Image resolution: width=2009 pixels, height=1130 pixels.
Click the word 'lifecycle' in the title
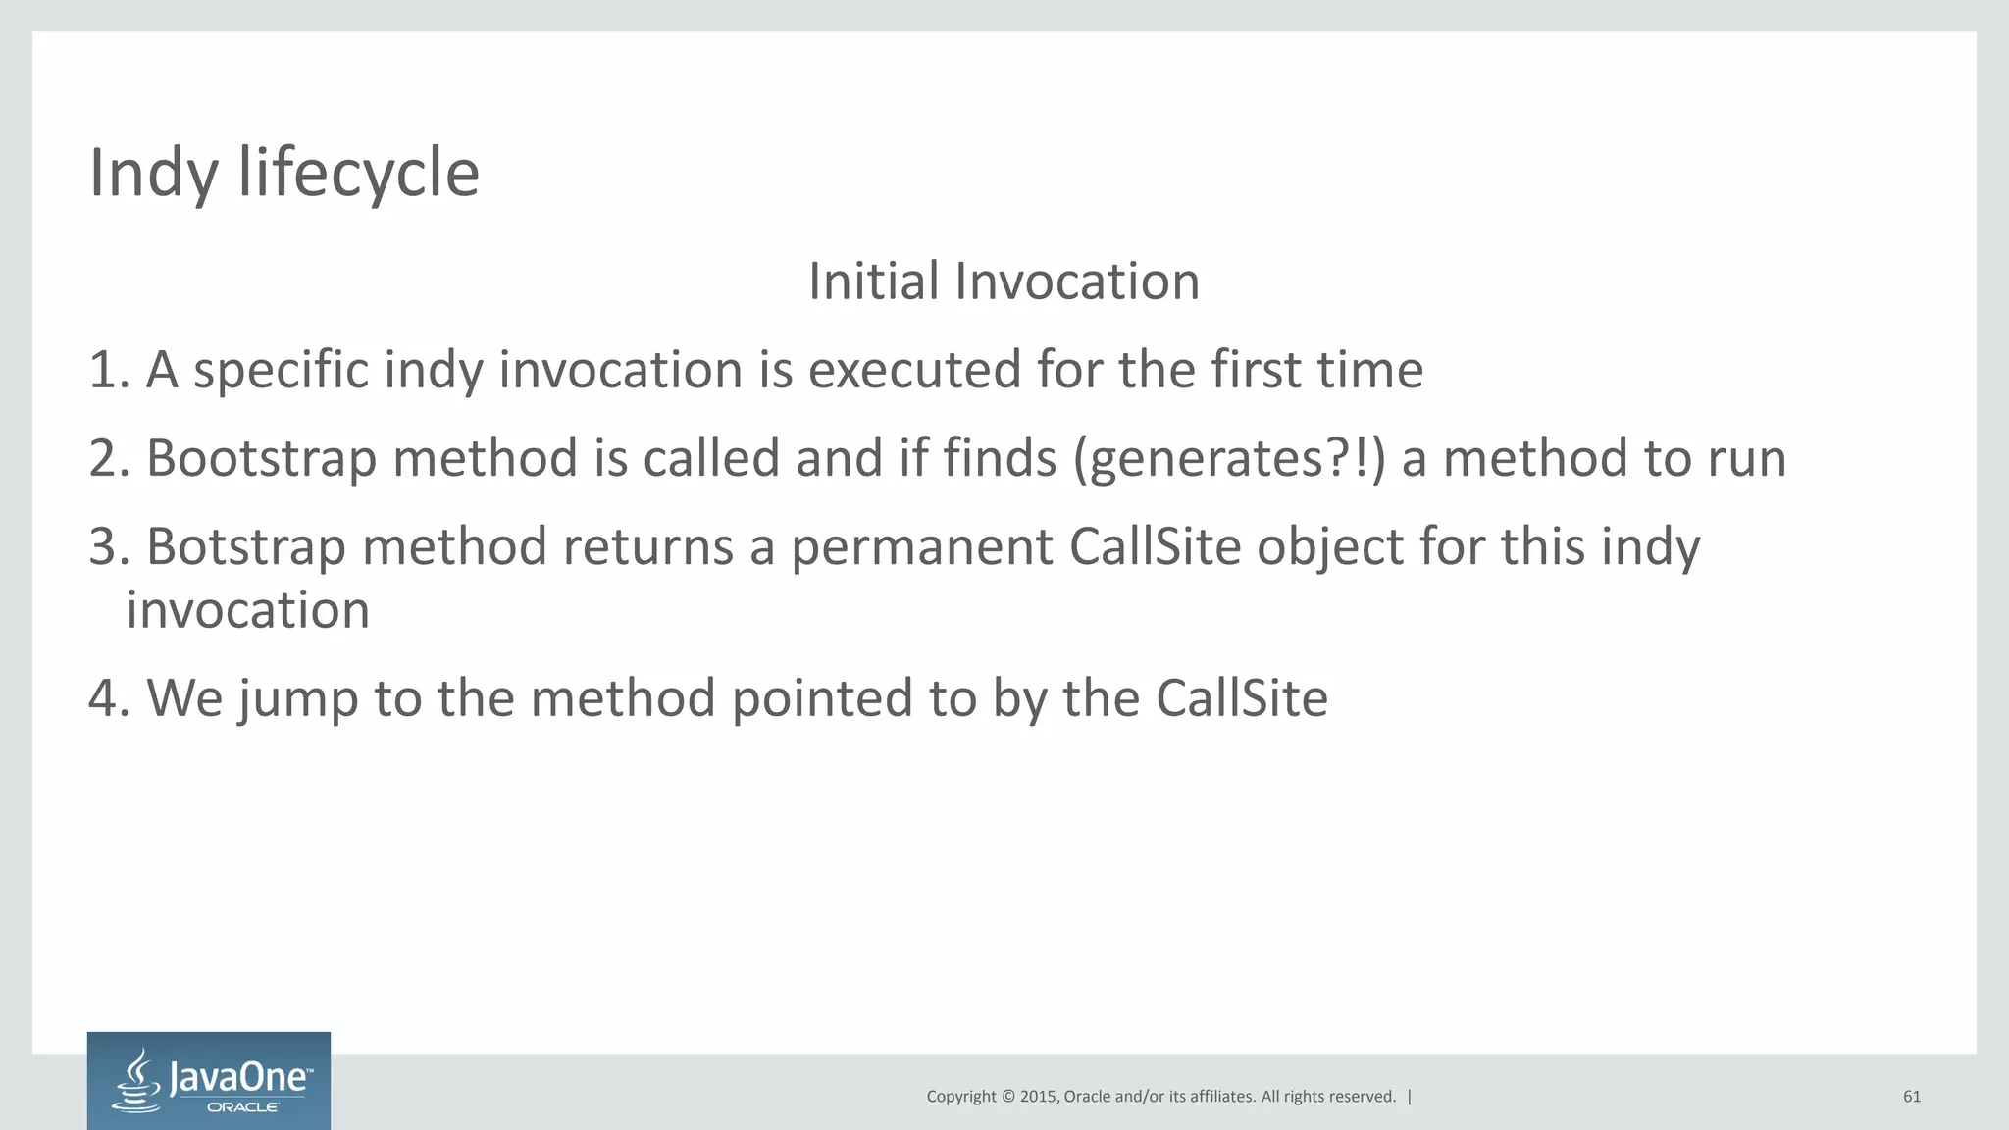[x=358, y=173]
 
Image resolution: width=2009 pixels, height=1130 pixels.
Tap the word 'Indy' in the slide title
[x=153, y=173]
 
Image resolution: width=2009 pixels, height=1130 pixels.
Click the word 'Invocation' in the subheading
[x=1076, y=282]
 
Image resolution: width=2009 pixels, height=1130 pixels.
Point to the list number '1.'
[x=109, y=371]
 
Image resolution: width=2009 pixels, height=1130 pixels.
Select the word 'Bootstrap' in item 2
[x=261, y=459]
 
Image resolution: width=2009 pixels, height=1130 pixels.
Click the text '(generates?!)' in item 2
[x=1229, y=459]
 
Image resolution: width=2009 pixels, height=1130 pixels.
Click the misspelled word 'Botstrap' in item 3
[x=245, y=547]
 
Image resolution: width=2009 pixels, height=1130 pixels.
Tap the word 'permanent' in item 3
[x=921, y=547]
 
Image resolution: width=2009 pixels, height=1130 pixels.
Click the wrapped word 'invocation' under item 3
[x=247, y=611]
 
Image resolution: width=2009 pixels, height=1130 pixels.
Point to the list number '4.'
[x=109, y=699]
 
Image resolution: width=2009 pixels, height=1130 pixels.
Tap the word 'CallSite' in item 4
[x=1241, y=699]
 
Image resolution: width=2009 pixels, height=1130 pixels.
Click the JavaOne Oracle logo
[x=208, y=1080]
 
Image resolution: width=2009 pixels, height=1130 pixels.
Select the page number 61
[x=1911, y=1097]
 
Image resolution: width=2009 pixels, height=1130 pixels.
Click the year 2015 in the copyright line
[x=1038, y=1097]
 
